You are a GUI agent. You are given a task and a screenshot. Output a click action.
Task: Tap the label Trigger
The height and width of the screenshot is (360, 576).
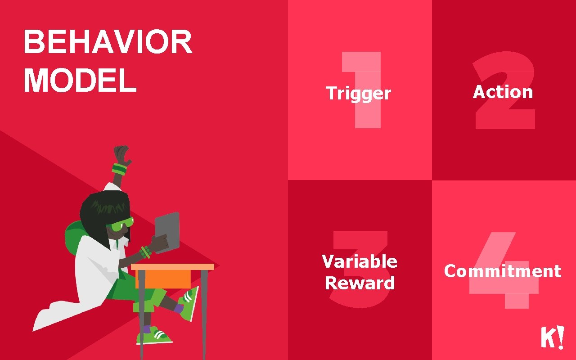[359, 93]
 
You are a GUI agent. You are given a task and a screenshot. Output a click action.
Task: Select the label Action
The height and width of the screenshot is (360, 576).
[503, 92]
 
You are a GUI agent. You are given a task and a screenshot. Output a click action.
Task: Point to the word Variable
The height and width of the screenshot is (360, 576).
[360, 261]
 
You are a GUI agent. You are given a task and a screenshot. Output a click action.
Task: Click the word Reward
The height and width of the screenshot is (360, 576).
[360, 283]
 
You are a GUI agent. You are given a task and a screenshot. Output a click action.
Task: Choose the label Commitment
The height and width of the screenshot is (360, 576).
[503, 271]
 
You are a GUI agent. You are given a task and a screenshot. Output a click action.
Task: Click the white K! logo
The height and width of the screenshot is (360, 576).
[552, 337]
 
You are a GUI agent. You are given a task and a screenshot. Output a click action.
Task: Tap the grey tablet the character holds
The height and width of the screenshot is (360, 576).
[167, 231]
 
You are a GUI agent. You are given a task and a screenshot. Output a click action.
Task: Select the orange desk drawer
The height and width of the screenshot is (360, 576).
[163, 279]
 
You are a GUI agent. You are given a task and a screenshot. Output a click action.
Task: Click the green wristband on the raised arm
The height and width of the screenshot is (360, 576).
[120, 170]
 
